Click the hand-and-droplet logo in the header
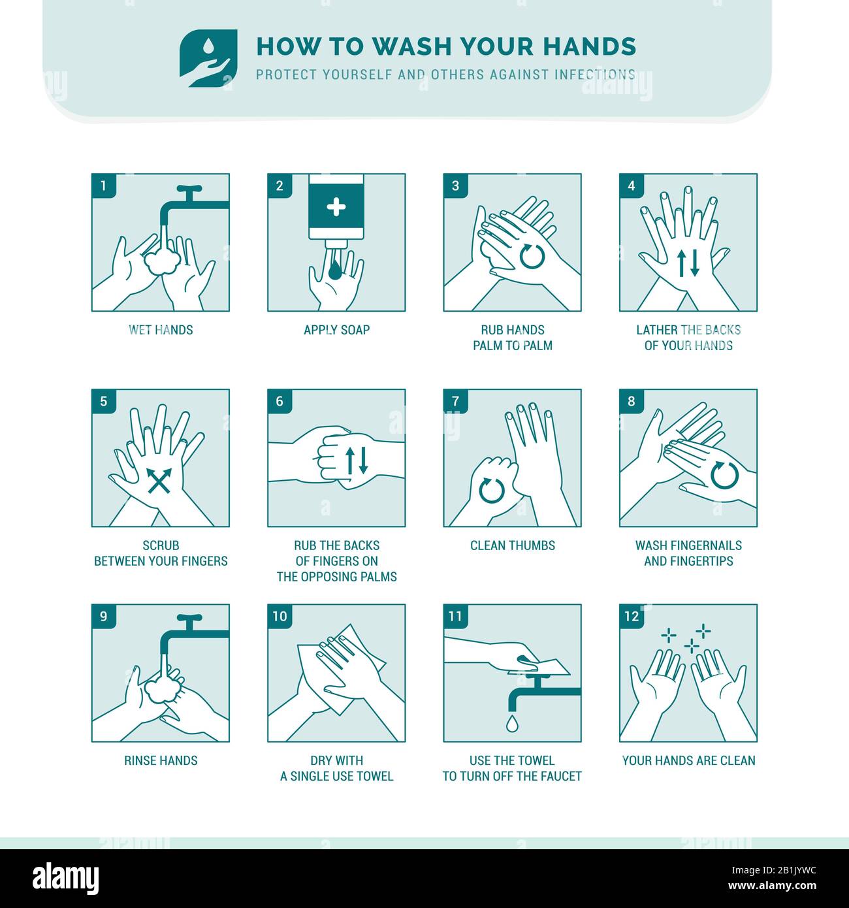(208, 58)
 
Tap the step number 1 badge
(104, 186)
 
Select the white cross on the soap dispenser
(336, 207)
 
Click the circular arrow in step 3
(532, 257)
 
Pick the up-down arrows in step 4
(688, 263)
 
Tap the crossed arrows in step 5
(159, 481)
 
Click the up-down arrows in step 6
(357, 461)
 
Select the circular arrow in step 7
(492, 491)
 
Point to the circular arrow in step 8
(725, 475)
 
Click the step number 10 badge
(280, 616)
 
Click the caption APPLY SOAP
(336, 330)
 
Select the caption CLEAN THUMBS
(513, 545)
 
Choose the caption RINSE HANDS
(161, 760)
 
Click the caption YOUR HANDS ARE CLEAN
(688, 760)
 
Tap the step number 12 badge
(632, 616)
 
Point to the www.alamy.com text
(772, 886)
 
